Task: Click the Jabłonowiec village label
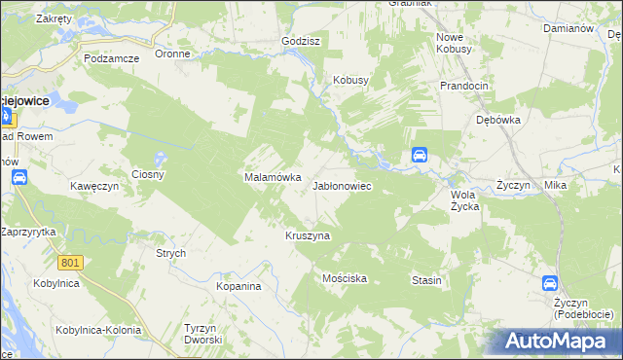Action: coord(341,185)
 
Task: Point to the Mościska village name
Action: coord(344,278)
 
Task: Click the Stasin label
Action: coord(426,280)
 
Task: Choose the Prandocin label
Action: coord(463,86)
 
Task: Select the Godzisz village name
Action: coord(301,42)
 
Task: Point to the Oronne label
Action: coord(172,54)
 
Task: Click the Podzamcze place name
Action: coord(111,58)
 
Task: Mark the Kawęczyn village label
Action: coord(93,185)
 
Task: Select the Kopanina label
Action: coord(238,287)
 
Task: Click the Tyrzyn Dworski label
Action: coord(203,334)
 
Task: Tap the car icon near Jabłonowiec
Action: coord(419,155)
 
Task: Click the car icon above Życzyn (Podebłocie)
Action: coord(549,283)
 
